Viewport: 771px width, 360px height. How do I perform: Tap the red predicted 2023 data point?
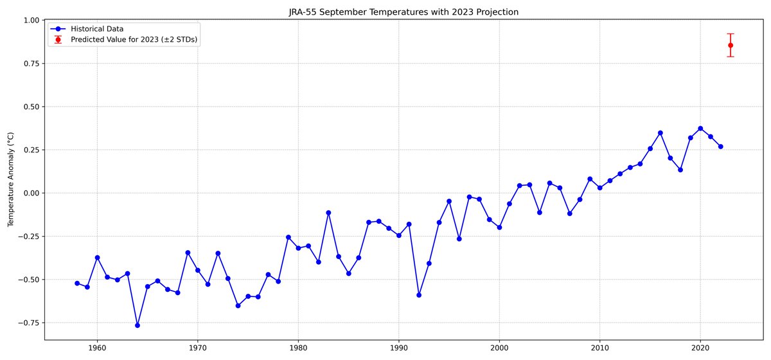pos(731,45)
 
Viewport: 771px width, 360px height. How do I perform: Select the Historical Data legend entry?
pos(97,29)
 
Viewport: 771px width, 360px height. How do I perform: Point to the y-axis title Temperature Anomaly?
pos(10,179)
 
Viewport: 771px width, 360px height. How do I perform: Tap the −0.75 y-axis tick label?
pos(28,323)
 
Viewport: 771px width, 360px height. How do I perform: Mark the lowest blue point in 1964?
pos(137,325)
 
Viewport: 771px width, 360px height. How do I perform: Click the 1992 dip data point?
pos(419,295)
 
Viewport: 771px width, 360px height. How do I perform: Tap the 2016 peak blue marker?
pos(660,133)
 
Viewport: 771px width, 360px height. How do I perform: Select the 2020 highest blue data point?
pos(700,129)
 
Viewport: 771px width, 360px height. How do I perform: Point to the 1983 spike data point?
pos(328,213)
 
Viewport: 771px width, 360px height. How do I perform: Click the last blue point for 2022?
pos(720,147)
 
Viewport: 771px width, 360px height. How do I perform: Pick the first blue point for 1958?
pos(77,283)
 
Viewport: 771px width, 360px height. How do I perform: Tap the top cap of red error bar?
pos(731,34)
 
